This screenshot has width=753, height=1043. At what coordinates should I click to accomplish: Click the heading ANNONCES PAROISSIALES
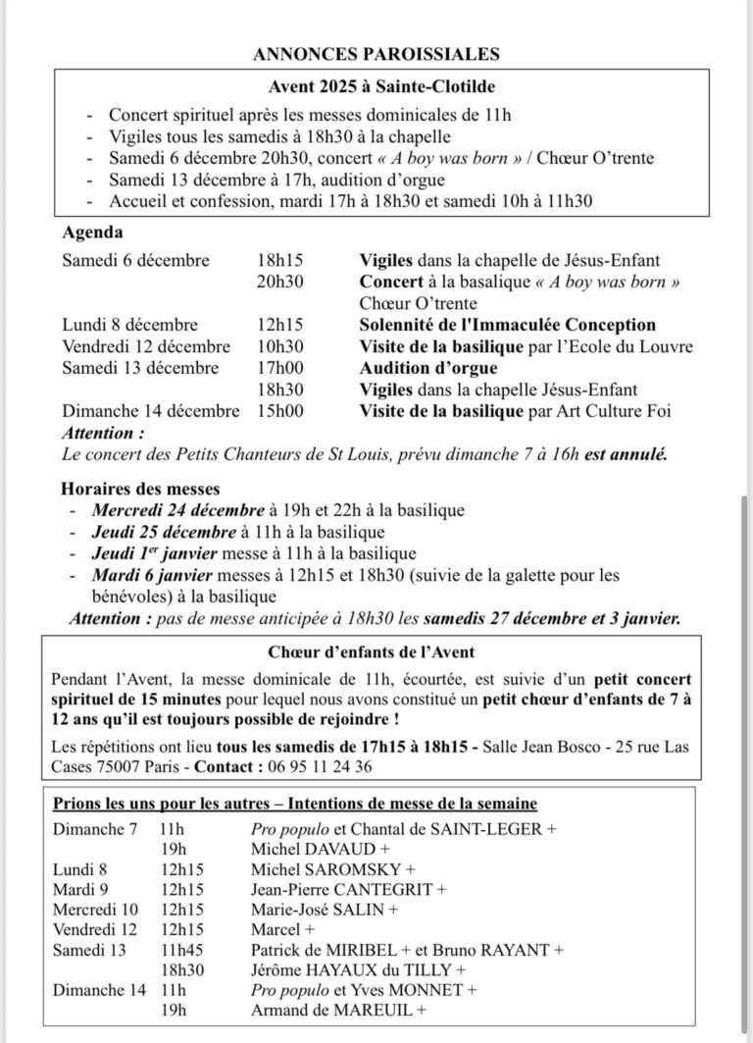376,54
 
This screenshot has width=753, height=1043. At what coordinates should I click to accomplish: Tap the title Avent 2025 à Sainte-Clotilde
376,86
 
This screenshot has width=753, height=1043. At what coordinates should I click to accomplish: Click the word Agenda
93,234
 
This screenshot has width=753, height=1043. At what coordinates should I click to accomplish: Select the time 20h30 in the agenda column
280,282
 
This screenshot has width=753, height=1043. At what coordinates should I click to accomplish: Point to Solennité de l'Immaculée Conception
507,325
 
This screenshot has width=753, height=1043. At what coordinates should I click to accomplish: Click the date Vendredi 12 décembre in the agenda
146,346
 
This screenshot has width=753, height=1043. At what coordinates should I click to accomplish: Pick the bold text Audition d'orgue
427,368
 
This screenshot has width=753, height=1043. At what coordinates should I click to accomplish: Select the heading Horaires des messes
140,488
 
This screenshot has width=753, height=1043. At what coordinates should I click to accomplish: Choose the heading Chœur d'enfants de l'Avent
376,652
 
